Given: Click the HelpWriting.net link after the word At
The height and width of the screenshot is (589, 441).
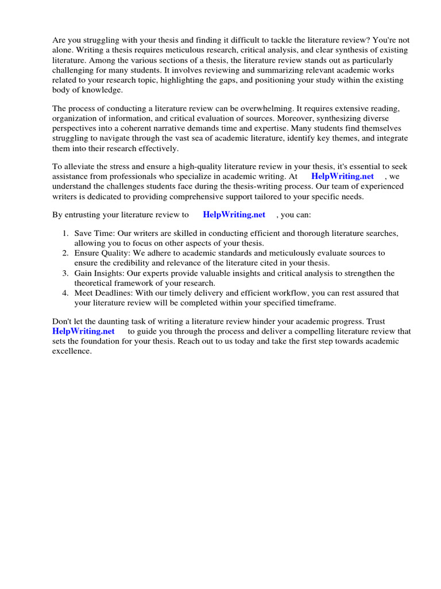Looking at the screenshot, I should pyautogui.click(x=342, y=177).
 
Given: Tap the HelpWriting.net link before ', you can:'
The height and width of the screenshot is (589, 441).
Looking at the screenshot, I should pyautogui.click(x=234, y=215).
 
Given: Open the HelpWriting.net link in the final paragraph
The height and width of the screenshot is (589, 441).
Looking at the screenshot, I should pyautogui.click(x=83, y=331).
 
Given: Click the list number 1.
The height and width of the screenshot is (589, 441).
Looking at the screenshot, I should pyautogui.click(x=65, y=234).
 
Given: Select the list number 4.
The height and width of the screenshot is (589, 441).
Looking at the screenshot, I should pyautogui.click(x=65, y=293).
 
